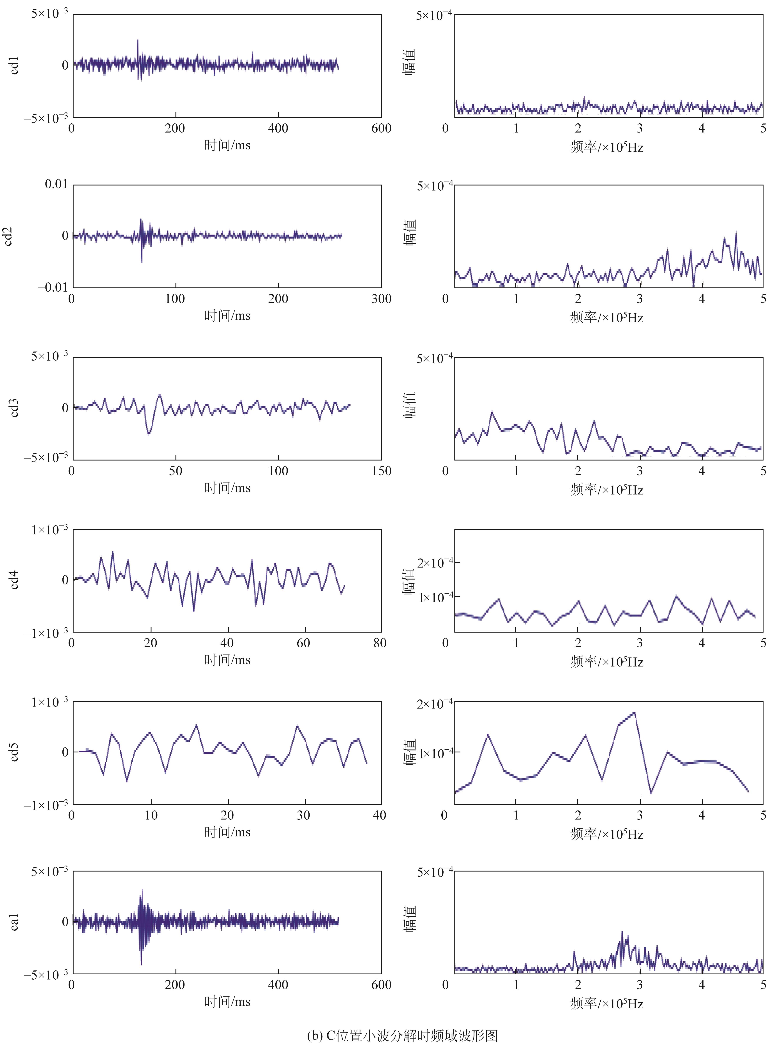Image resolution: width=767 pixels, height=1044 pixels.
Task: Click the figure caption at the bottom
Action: coord(402,1032)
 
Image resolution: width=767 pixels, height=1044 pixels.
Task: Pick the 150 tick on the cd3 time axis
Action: coord(381,471)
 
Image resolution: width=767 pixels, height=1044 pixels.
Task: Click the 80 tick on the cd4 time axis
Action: coord(380,643)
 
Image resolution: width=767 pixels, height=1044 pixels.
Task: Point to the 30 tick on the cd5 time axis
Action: coord(303,815)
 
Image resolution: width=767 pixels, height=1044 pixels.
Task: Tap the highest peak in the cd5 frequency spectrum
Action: coord(634,713)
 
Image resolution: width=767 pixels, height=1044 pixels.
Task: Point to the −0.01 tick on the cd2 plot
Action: coord(52,287)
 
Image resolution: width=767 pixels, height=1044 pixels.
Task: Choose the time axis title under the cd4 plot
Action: coord(227,660)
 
